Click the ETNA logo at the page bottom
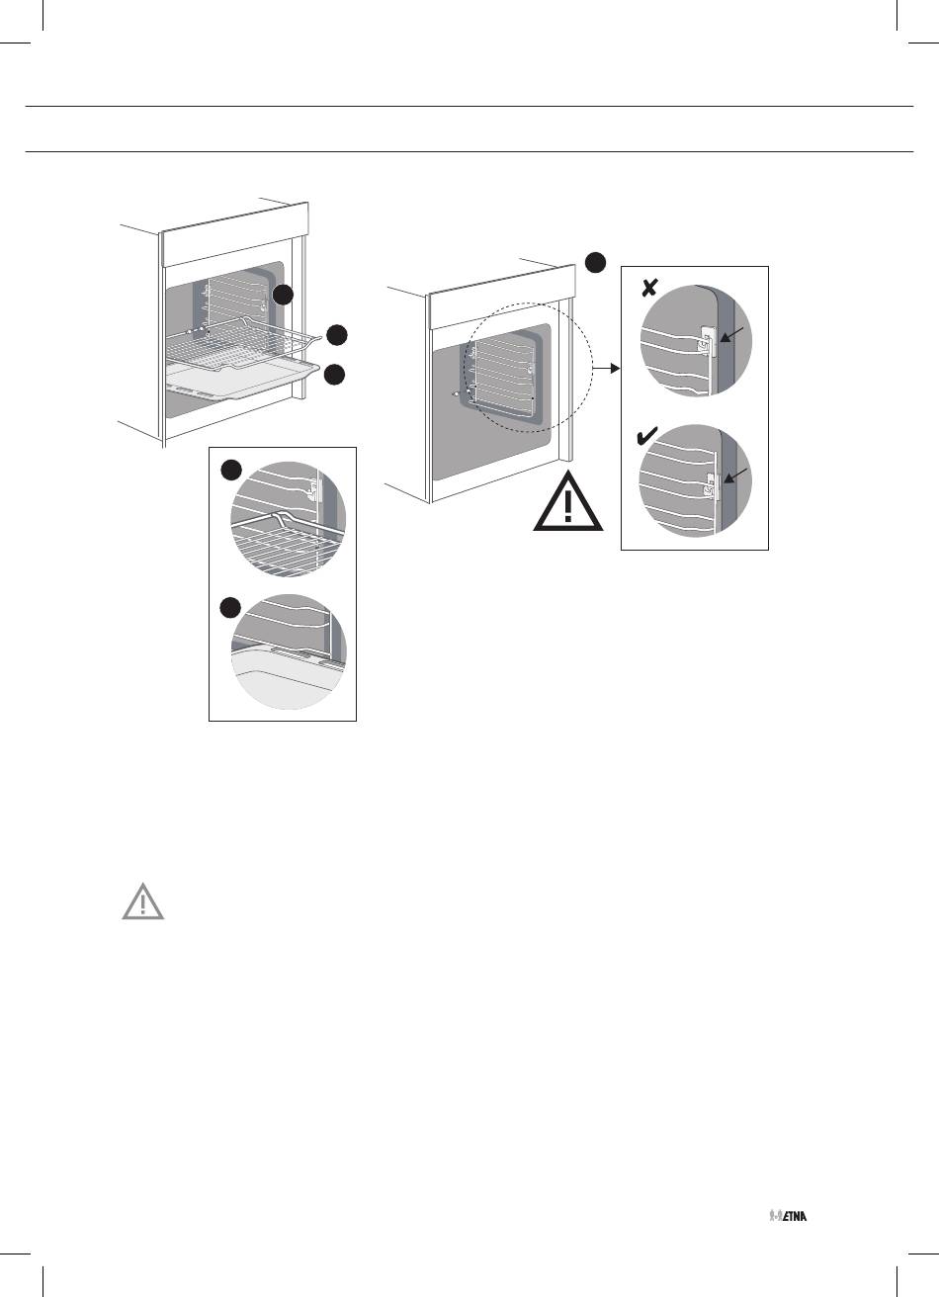click(x=788, y=1215)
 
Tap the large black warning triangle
click(x=568, y=501)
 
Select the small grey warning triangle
click(x=143, y=901)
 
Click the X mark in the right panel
click(x=649, y=288)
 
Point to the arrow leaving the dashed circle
click(x=606, y=369)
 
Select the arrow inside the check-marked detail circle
click(x=735, y=476)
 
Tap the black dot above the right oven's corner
click(x=595, y=262)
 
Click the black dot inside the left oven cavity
click(x=283, y=296)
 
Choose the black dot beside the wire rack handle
click(x=337, y=335)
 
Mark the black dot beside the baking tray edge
click(x=335, y=374)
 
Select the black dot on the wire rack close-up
click(x=231, y=470)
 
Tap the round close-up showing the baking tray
click(x=289, y=652)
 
